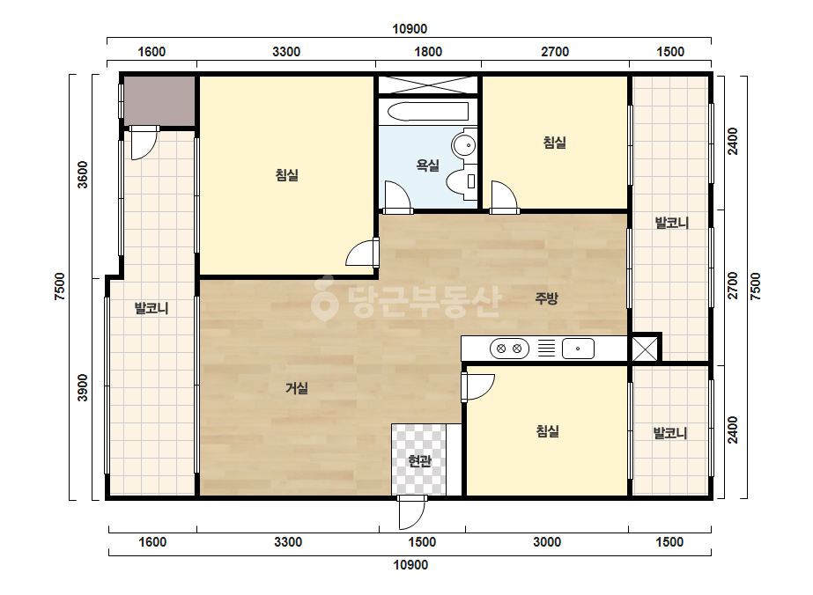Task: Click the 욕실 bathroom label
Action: click(427, 165)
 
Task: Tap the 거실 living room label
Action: click(297, 387)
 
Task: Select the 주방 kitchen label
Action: click(546, 298)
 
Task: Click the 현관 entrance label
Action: click(419, 460)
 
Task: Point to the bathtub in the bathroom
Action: click(428, 112)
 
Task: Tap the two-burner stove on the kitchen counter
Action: click(509, 349)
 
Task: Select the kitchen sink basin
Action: click(578, 349)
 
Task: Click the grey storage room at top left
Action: click(159, 100)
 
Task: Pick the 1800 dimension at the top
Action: click(428, 52)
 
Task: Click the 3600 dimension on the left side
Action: click(83, 174)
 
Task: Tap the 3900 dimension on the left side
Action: click(83, 387)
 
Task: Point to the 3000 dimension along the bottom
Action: click(547, 542)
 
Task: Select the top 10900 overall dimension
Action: click(410, 29)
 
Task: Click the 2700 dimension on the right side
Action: click(733, 285)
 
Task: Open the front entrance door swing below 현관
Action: click(411, 513)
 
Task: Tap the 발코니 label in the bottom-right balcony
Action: click(670, 433)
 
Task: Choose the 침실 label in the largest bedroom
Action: click(287, 174)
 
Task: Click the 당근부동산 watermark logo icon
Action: click(324, 297)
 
